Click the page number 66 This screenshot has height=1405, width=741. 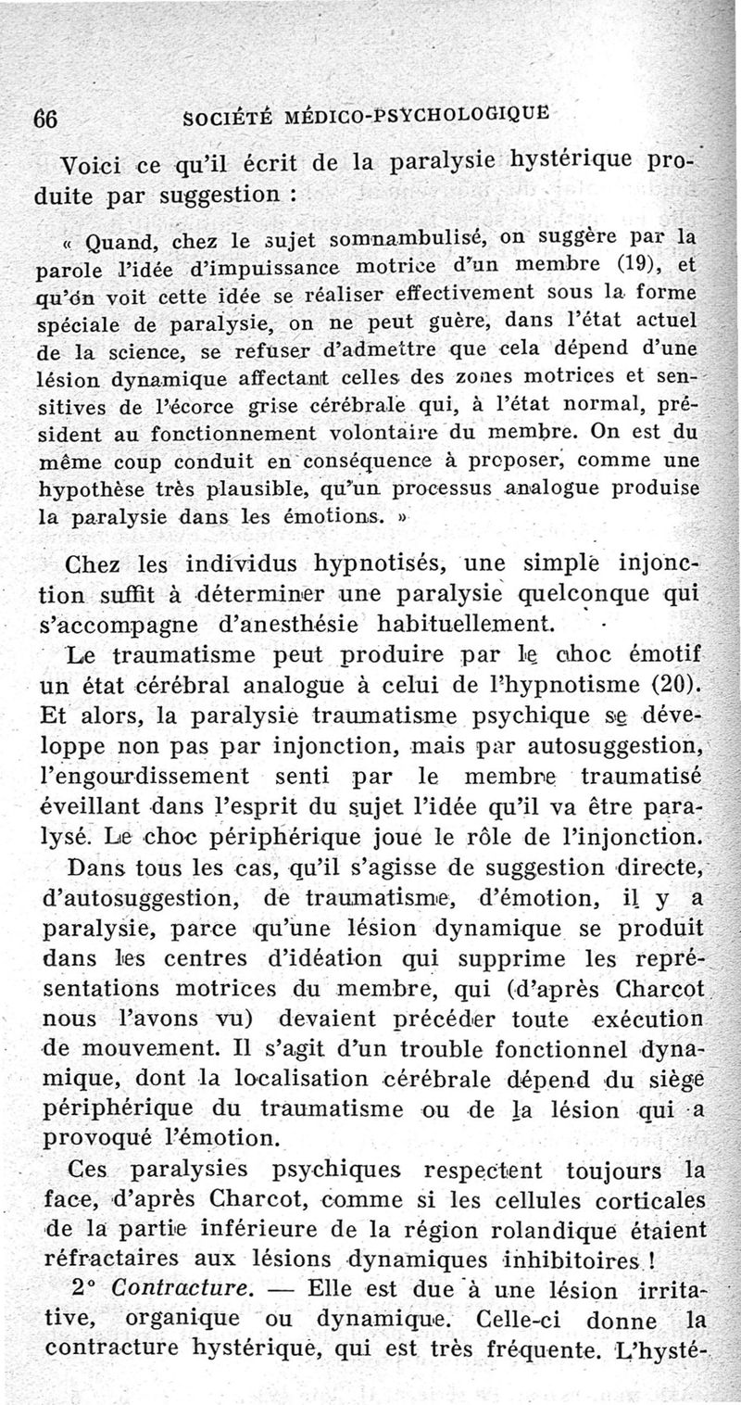click(46, 120)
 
